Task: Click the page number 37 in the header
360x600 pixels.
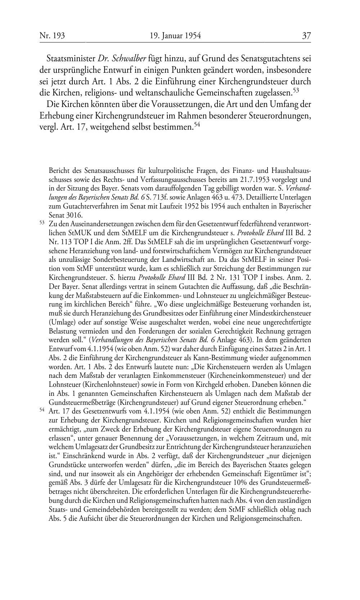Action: tap(306, 36)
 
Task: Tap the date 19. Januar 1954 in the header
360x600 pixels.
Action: tap(175, 36)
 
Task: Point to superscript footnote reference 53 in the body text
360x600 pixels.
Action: tap(296, 90)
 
